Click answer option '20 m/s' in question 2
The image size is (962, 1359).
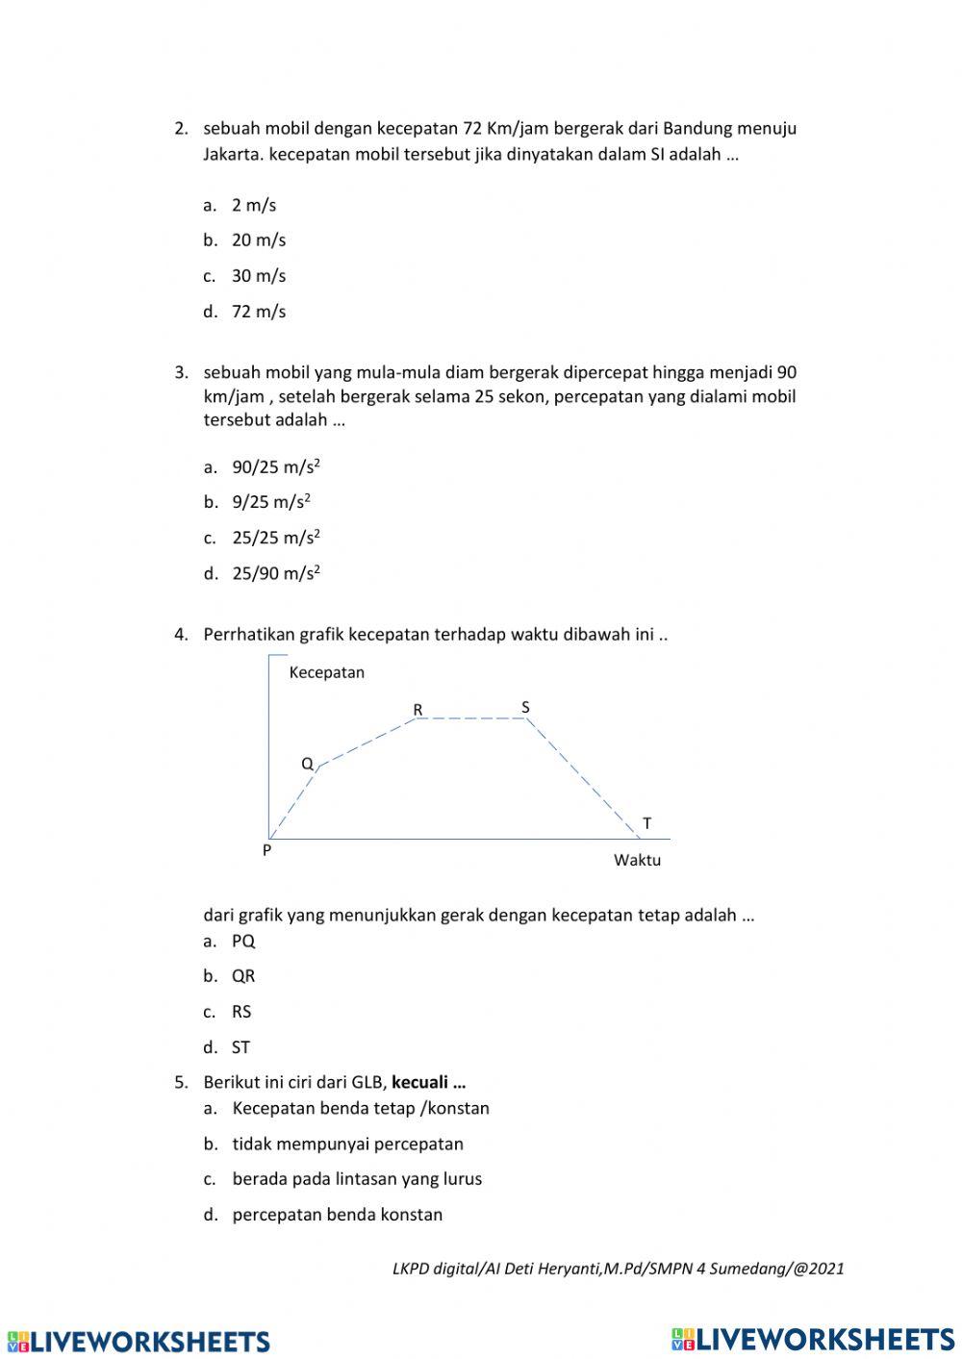(258, 240)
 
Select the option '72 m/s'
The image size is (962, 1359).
(258, 312)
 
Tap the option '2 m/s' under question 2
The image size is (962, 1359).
(253, 205)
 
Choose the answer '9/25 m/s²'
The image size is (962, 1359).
(270, 502)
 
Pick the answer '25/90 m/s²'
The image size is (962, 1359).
(275, 574)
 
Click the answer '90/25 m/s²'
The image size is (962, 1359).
(275, 467)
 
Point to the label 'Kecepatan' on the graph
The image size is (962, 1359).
(326, 672)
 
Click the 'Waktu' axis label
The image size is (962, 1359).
(637, 860)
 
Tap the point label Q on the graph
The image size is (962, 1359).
(307, 764)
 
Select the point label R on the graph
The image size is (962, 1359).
(418, 710)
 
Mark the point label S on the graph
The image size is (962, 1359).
(525, 707)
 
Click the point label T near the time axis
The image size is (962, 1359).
(646, 823)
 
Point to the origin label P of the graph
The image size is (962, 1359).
(266, 850)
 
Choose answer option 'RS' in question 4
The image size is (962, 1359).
(240, 1012)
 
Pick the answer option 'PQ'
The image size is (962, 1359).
(242, 941)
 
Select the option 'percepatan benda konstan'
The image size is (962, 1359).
(337, 1215)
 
